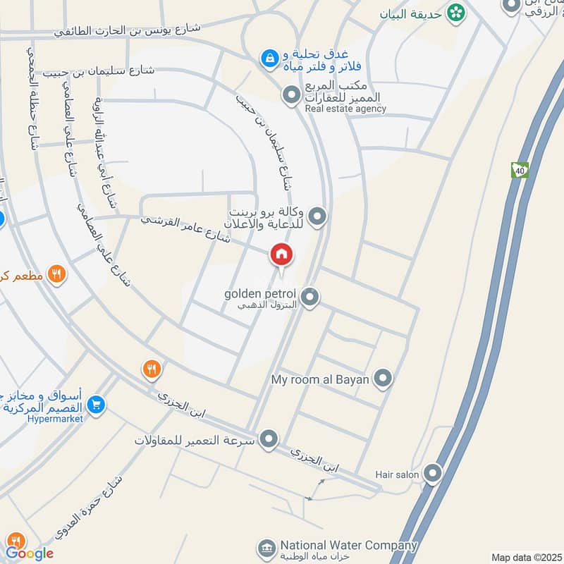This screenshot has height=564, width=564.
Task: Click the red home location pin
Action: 281,255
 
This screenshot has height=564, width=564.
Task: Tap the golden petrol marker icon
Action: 309,298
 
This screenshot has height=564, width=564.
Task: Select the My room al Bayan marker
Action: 382,379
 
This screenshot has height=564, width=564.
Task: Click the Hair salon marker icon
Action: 433,473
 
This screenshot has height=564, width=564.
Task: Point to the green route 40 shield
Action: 520,170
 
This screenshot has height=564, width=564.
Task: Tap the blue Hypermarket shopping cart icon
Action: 97,405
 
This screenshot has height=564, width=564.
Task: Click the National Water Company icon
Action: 266,548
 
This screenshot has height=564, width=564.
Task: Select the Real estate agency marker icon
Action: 290,94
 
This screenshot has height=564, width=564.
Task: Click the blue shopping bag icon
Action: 268,59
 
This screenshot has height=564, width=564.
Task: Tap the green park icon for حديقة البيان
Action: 457,12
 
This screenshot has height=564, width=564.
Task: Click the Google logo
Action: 30,553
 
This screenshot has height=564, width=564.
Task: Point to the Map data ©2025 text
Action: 527,558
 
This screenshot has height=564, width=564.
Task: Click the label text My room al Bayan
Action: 320,379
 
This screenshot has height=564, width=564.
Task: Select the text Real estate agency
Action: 345,109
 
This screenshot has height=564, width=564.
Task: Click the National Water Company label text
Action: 348,546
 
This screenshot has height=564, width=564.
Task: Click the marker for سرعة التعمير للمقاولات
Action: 268,440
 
